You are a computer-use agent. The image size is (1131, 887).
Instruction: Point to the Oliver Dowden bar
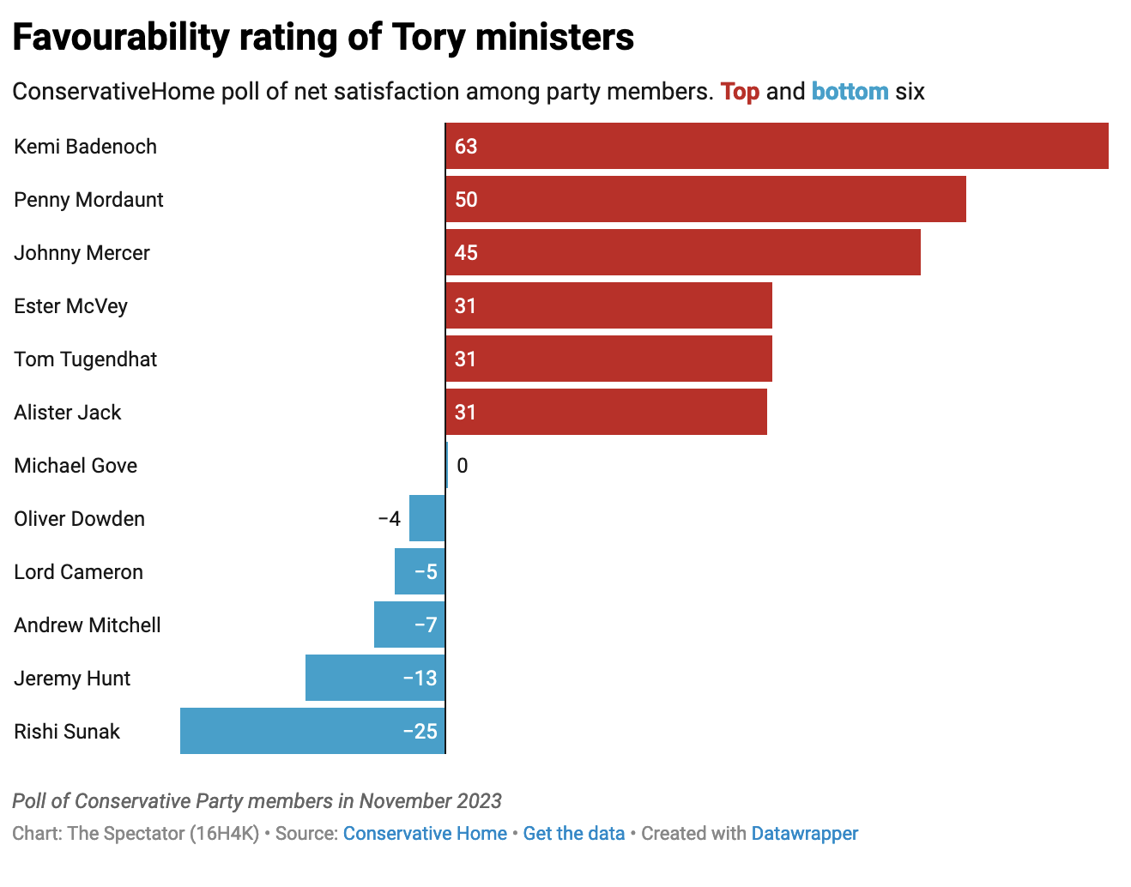426,518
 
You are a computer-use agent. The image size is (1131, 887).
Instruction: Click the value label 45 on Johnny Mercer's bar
466,253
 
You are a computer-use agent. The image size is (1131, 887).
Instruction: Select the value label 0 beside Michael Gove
463,466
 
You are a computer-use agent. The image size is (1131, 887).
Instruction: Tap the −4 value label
389,519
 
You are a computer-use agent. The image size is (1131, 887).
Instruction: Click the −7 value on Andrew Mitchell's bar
426,625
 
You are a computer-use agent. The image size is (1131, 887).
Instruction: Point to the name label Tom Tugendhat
86,359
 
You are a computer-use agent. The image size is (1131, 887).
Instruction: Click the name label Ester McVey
70,306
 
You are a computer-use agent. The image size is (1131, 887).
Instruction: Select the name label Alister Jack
68,413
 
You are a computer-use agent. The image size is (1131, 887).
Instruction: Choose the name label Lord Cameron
78,572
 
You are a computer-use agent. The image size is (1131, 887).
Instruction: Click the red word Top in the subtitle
740,92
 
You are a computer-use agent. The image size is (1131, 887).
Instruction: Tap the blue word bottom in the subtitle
850,92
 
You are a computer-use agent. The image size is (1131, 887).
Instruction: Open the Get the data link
573,834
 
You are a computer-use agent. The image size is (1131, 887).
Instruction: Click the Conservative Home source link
425,834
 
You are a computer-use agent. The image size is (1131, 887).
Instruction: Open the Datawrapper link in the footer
804,834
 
